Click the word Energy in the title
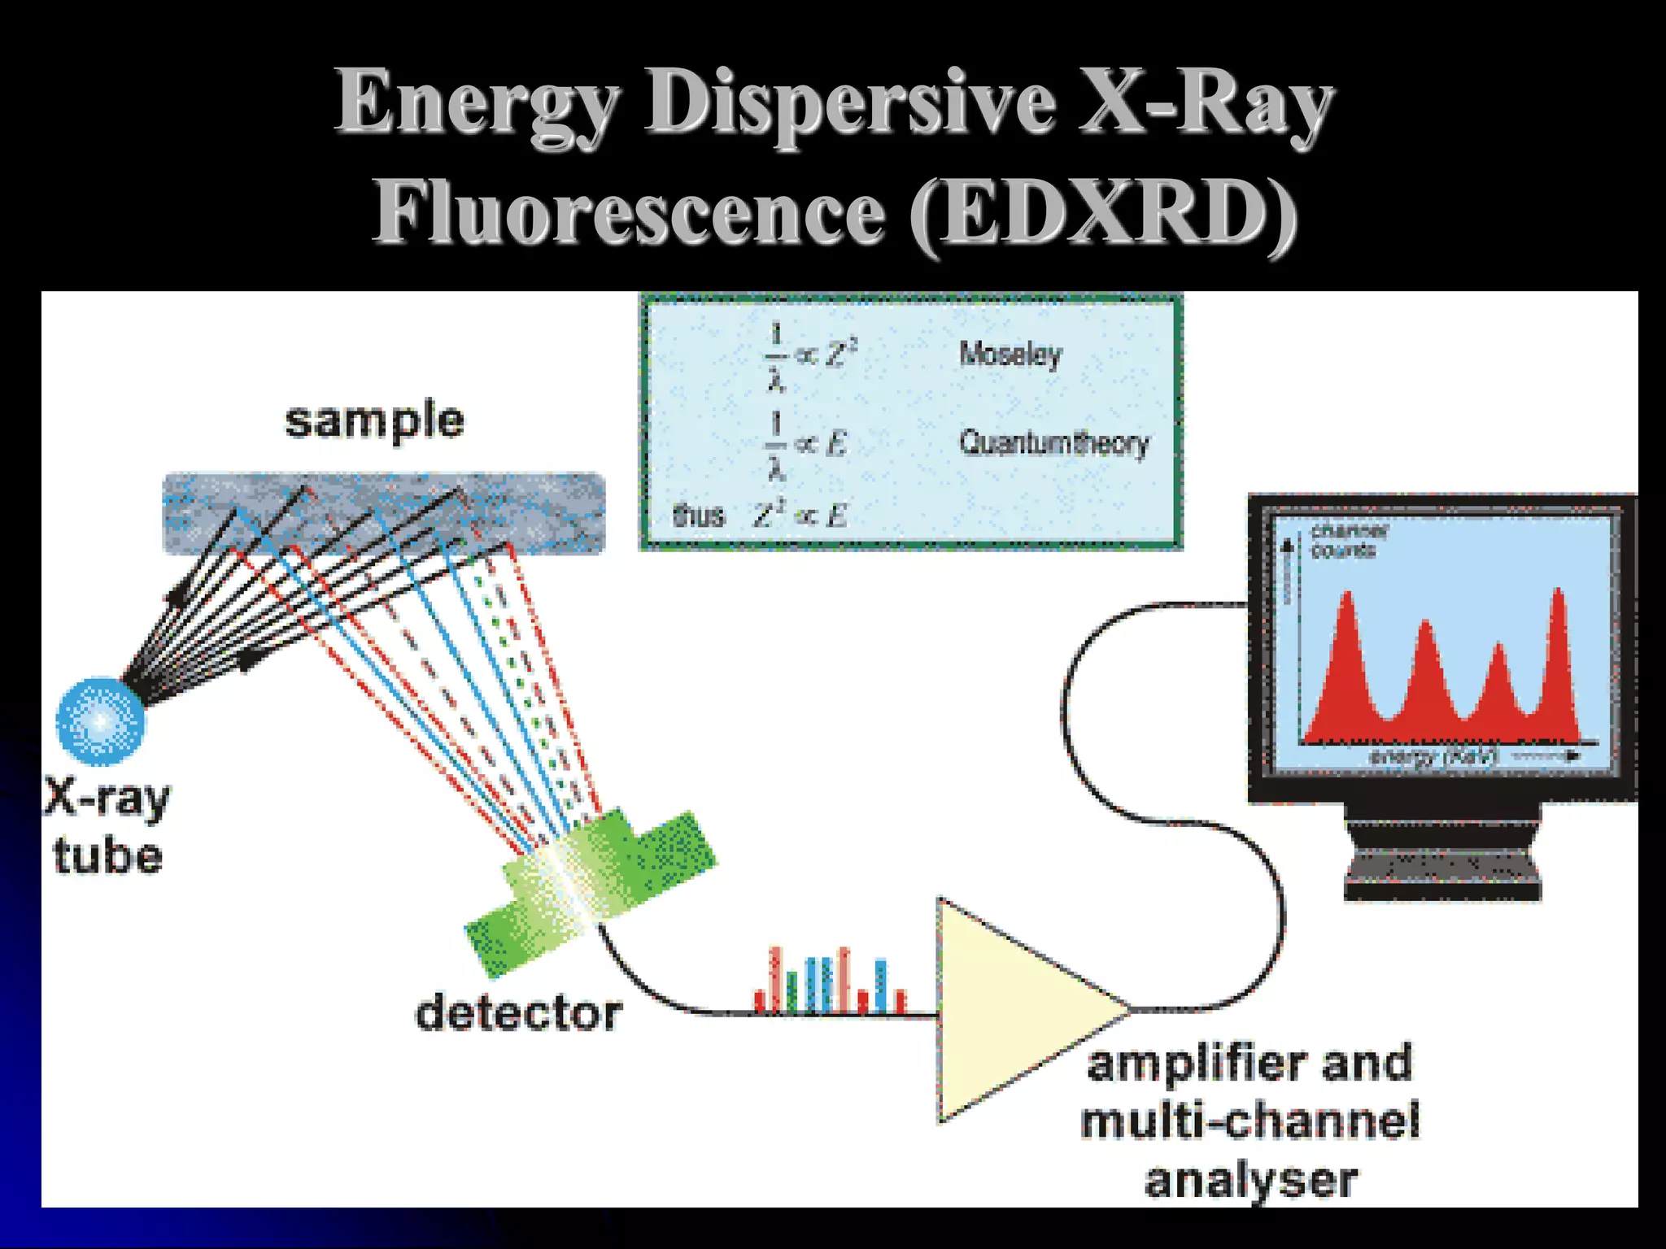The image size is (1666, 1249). pos(478,104)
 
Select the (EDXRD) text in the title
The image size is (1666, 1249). pos(1102,213)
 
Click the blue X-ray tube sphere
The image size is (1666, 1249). pos(101,721)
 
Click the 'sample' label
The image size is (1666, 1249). pos(374,421)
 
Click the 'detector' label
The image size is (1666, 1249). pos(519,1014)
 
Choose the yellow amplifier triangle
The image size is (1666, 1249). pos(1009,1009)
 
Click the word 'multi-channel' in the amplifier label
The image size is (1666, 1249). pos(1250,1121)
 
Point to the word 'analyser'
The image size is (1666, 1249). pos(1251,1181)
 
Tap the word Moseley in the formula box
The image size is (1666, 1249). pos(1010,355)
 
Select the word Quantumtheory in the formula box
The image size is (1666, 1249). pos(1054,443)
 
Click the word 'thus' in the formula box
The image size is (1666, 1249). pos(698,516)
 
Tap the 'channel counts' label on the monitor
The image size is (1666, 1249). pos(1348,541)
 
